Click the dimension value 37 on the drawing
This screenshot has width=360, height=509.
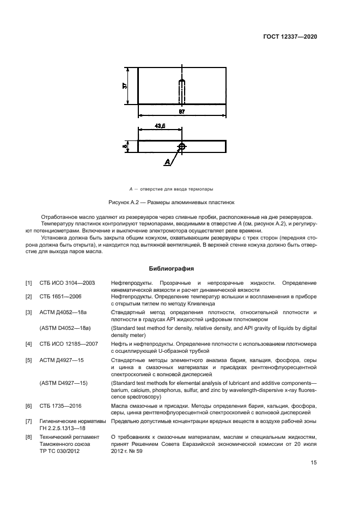(125, 85)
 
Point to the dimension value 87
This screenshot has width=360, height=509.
(182, 112)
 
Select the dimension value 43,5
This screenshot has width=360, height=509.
(160, 126)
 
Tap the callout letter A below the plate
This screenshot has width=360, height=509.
(167, 162)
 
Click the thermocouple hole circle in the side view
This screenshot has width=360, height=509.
(182, 146)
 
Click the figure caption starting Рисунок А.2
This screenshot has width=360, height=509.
(180, 202)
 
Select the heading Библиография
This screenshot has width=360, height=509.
(179, 268)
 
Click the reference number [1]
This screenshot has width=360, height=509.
(29, 283)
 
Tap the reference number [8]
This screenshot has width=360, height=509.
(29, 437)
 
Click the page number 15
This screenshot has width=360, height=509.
(314, 463)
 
